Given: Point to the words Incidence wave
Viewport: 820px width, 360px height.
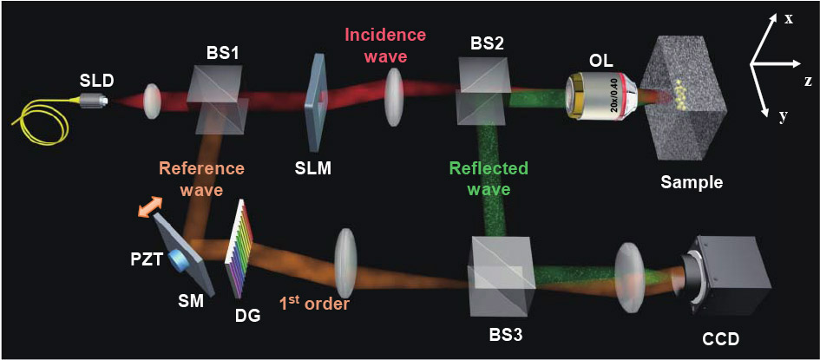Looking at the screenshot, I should point(385,45).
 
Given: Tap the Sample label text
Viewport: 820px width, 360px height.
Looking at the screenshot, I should point(691,182).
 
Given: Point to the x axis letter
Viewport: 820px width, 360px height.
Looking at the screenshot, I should point(789,17).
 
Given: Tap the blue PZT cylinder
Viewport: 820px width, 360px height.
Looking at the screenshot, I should point(180,259).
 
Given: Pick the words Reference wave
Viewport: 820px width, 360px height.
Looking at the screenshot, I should point(201,177).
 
